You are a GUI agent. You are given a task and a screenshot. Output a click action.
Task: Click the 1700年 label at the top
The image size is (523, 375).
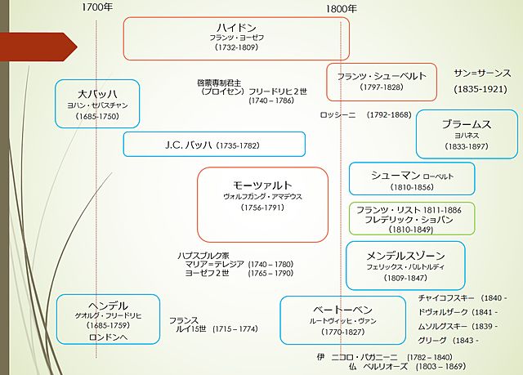click(x=97, y=8)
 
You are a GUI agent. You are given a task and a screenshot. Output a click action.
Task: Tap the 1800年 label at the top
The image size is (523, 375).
click(x=341, y=8)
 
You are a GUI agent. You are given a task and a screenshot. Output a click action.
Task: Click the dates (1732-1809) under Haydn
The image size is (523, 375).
click(x=236, y=48)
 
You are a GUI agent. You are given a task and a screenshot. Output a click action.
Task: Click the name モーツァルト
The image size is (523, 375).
click(x=262, y=185)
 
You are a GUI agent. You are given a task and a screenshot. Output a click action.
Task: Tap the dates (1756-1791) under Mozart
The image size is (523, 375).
click(x=262, y=208)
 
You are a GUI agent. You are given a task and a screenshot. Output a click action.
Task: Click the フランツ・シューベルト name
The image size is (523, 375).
click(x=382, y=76)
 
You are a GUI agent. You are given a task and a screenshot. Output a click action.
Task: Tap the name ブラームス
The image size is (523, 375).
click(x=467, y=124)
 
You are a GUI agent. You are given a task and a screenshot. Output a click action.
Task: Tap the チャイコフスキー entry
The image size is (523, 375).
click(x=446, y=298)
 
